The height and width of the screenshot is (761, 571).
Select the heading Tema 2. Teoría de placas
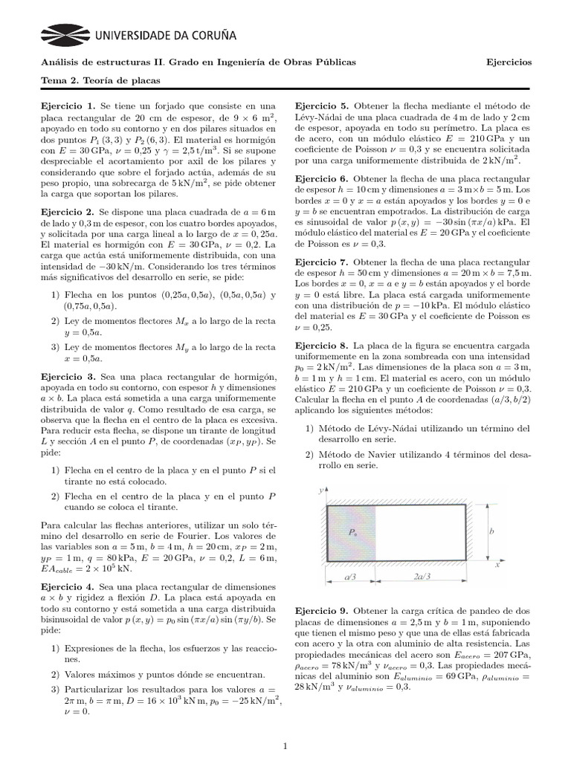(100, 80)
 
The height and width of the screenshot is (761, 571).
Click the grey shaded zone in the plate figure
(351, 533)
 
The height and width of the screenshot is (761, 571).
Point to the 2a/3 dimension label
(422, 577)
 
